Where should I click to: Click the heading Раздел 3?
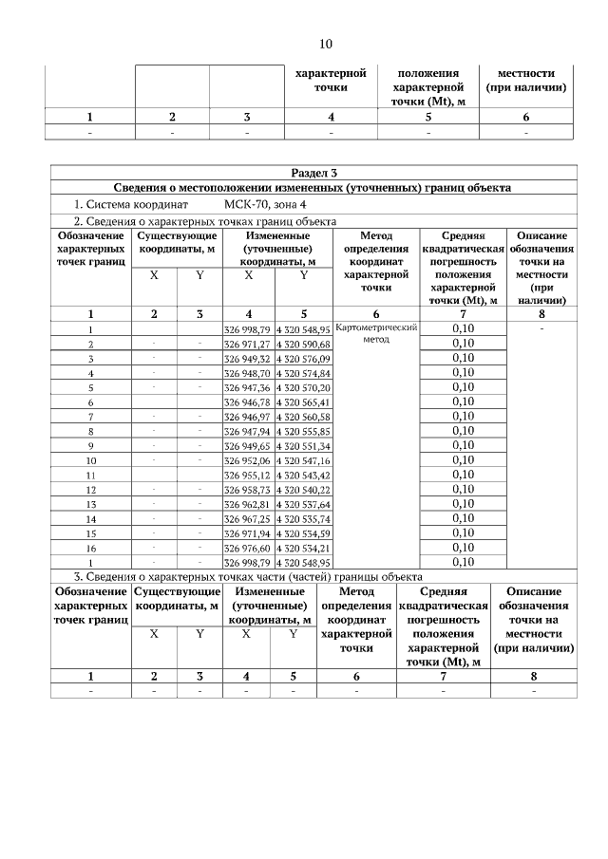(313, 173)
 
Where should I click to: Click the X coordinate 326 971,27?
(247, 344)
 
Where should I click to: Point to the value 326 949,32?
(247, 359)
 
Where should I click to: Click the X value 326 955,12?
(247, 475)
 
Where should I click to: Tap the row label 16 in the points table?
(91, 548)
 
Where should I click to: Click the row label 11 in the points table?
(91, 475)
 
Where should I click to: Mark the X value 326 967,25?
(247, 518)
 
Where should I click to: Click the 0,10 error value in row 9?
(463, 446)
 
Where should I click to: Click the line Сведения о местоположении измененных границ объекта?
(313, 188)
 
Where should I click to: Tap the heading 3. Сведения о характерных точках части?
(249, 576)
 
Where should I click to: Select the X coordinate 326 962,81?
(247, 504)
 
